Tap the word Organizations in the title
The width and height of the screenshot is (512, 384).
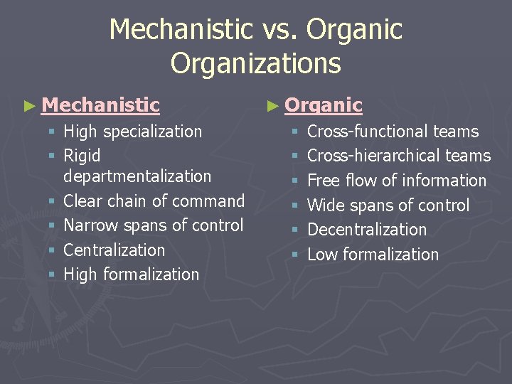pyautogui.click(x=256, y=63)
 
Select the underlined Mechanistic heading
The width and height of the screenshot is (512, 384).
pyautogui.click(x=100, y=105)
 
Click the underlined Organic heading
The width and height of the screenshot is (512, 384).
pyautogui.click(x=324, y=105)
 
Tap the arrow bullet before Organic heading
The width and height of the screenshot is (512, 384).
pyautogui.click(x=272, y=106)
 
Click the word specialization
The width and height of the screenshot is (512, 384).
pyautogui.click(x=153, y=132)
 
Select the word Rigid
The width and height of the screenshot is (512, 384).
pyautogui.click(x=82, y=156)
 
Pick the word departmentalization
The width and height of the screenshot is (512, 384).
pyautogui.click(x=137, y=176)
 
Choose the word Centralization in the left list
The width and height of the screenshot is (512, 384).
pyautogui.click(x=114, y=250)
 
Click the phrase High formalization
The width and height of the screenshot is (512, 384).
pyautogui.click(x=132, y=274)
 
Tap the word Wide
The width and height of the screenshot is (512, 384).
pyautogui.click(x=326, y=206)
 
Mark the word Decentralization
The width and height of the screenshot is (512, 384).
pyautogui.click(x=367, y=230)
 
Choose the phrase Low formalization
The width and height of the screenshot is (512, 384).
pyautogui.click(x=373, y=254)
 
